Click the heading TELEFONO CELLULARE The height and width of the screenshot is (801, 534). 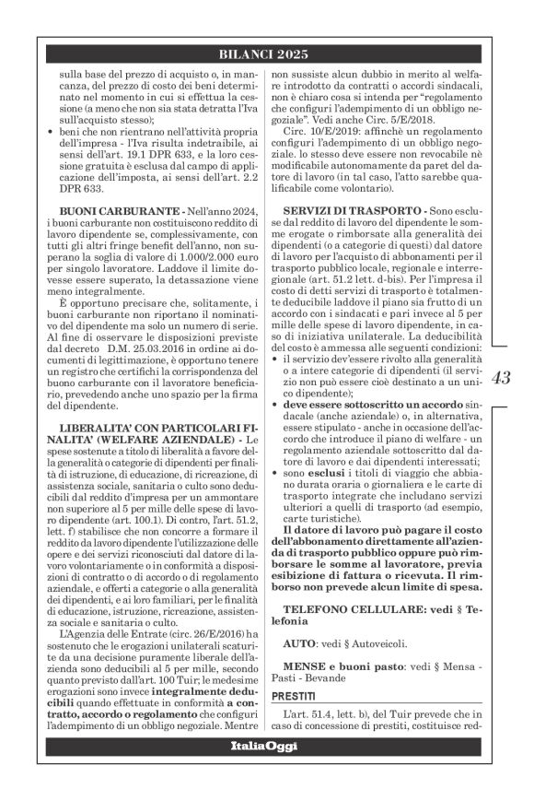tap(354, 609)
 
